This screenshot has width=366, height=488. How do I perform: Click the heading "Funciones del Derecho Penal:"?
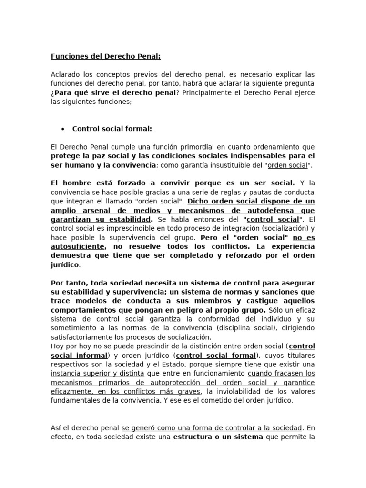106,57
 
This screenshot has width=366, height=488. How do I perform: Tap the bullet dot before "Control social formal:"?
63,129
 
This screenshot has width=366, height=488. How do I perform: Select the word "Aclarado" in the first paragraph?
65,75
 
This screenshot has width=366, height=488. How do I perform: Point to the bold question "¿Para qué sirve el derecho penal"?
113,92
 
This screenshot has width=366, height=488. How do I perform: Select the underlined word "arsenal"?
101,210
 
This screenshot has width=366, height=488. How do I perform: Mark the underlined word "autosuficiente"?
78,246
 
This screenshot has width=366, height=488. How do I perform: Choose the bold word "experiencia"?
292,246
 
